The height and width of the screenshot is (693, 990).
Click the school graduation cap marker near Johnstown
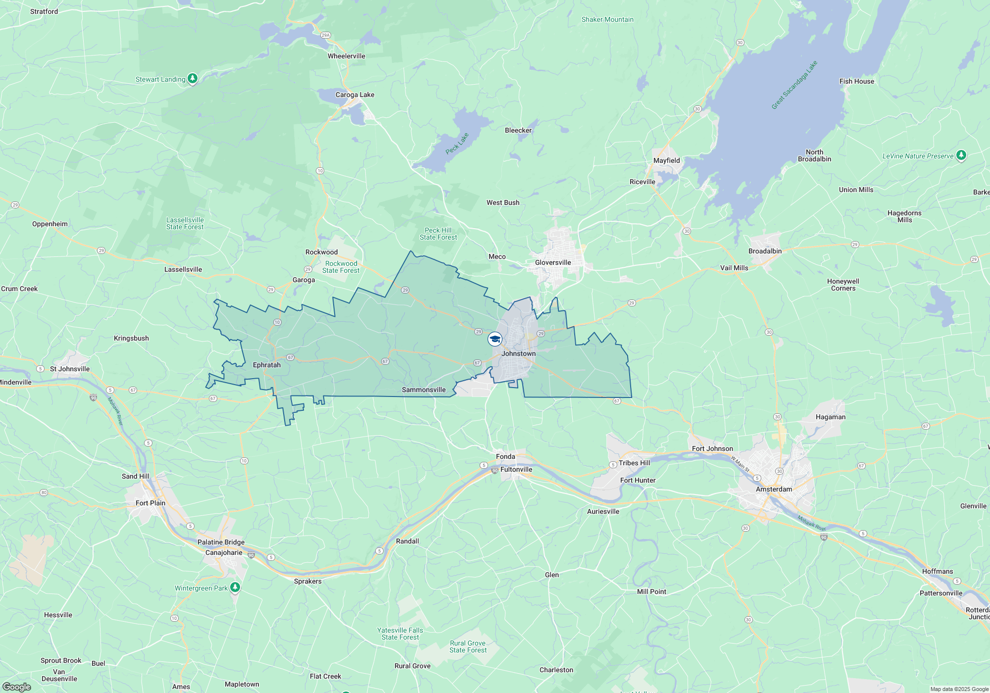coord(495,339)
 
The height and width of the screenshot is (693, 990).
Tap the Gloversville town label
coord(553,262)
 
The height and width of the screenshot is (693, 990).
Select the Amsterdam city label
coord(774,489)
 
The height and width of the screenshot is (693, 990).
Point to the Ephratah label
coord(267,365)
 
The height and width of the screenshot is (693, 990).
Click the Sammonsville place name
coord(424,390)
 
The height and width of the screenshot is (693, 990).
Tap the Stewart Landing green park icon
coord(193,78)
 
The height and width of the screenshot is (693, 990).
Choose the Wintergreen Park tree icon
coord(235,587)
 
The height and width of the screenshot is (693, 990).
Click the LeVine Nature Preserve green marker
coord(961,155)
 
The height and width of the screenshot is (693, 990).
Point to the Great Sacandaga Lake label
coord(794,85)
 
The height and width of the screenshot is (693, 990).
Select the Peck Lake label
coord(457,143)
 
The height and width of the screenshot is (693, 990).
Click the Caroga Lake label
coord(355,95)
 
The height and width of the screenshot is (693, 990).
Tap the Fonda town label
coord(505,456)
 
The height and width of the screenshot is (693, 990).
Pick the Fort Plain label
coord(150,503)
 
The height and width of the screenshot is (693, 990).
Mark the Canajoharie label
coord(224,552)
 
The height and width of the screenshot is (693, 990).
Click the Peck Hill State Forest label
coord(438,234)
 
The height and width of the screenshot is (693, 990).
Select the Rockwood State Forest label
coord(341,267)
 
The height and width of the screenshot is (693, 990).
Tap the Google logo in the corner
coord(17,687)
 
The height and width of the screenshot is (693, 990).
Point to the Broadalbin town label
coord(765,251)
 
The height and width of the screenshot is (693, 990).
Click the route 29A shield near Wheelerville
coord(325,35)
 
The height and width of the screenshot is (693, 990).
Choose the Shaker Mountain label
coord(607,19)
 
